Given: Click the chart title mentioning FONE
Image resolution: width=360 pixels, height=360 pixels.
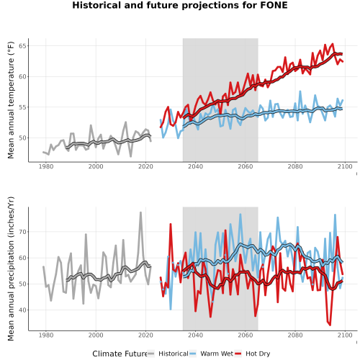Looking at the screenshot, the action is (180, 5).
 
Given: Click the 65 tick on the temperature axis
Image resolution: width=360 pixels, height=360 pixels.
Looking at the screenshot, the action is (22, 46).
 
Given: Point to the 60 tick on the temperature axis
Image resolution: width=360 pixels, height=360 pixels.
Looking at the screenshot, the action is (22, 76).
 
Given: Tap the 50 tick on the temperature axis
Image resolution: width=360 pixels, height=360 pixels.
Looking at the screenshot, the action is (22, 138).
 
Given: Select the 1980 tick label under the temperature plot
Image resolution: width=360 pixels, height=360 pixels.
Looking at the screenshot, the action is (46, 166).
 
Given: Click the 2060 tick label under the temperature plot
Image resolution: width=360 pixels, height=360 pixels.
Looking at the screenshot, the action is (246, 166).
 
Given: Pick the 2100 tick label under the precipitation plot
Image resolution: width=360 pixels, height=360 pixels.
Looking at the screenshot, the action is (345, 336).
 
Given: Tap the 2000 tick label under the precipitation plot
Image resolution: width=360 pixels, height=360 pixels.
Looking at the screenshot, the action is (96, 336).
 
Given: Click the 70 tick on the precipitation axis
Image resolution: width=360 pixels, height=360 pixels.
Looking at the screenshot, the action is (22, 232).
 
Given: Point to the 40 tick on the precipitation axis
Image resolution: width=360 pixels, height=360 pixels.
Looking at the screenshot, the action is (22, 310).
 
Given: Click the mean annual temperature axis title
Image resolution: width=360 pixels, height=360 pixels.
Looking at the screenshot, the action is (11, 100).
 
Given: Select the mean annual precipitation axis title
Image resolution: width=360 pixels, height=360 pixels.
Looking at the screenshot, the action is (11, 269).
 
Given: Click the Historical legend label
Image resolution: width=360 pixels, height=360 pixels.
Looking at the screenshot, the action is (174, 354).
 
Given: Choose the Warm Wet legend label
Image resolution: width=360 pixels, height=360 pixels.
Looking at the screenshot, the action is (217, 354).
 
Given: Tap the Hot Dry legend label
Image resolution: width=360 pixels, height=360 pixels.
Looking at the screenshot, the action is (258, 354).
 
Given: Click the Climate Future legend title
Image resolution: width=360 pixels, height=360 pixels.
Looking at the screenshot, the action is (120, 354).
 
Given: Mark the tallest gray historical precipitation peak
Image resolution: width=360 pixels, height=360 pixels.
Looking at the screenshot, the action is (140, 212).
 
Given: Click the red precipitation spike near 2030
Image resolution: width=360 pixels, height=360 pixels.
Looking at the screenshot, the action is (171, 224).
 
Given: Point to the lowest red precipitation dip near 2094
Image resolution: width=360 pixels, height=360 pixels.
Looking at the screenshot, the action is (330, 325).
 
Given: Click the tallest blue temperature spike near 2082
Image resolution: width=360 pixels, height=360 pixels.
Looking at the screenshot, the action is (300, 91).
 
